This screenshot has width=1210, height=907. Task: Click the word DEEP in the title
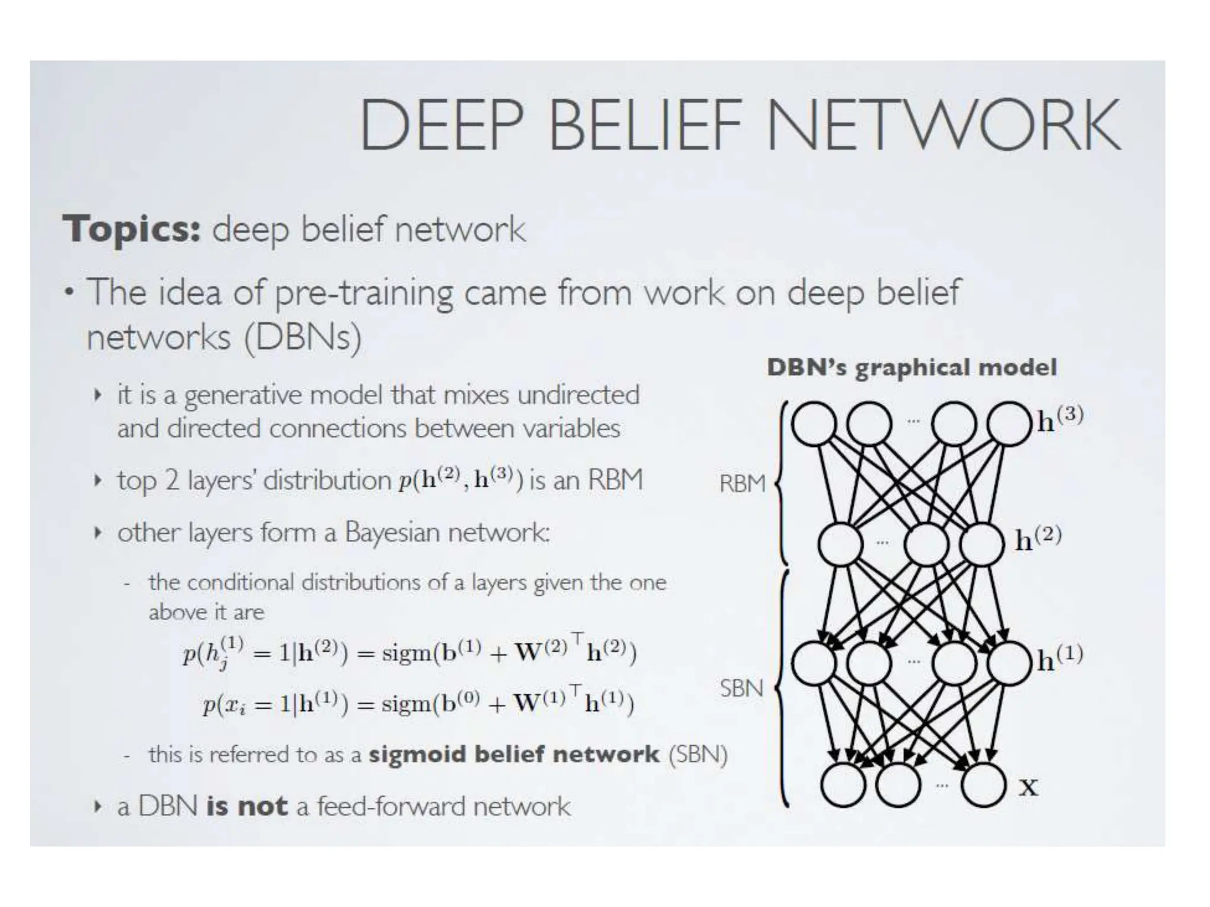442,125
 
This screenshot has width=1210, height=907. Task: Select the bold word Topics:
132,229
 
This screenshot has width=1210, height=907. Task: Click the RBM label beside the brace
742,484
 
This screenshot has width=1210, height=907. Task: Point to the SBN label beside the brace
741,689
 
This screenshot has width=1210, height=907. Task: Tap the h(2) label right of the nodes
1038,538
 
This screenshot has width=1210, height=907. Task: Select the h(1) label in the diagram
1061,657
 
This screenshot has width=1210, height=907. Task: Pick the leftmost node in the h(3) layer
814,423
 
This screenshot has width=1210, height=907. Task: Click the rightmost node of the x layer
984,785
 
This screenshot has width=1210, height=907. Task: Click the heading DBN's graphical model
911,367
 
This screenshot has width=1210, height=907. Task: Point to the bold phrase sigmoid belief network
513,754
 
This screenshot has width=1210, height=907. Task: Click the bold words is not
246,806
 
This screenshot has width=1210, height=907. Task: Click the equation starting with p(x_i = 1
418,703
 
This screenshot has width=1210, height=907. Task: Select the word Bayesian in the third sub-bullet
392,533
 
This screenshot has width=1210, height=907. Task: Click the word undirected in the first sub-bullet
578,394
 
